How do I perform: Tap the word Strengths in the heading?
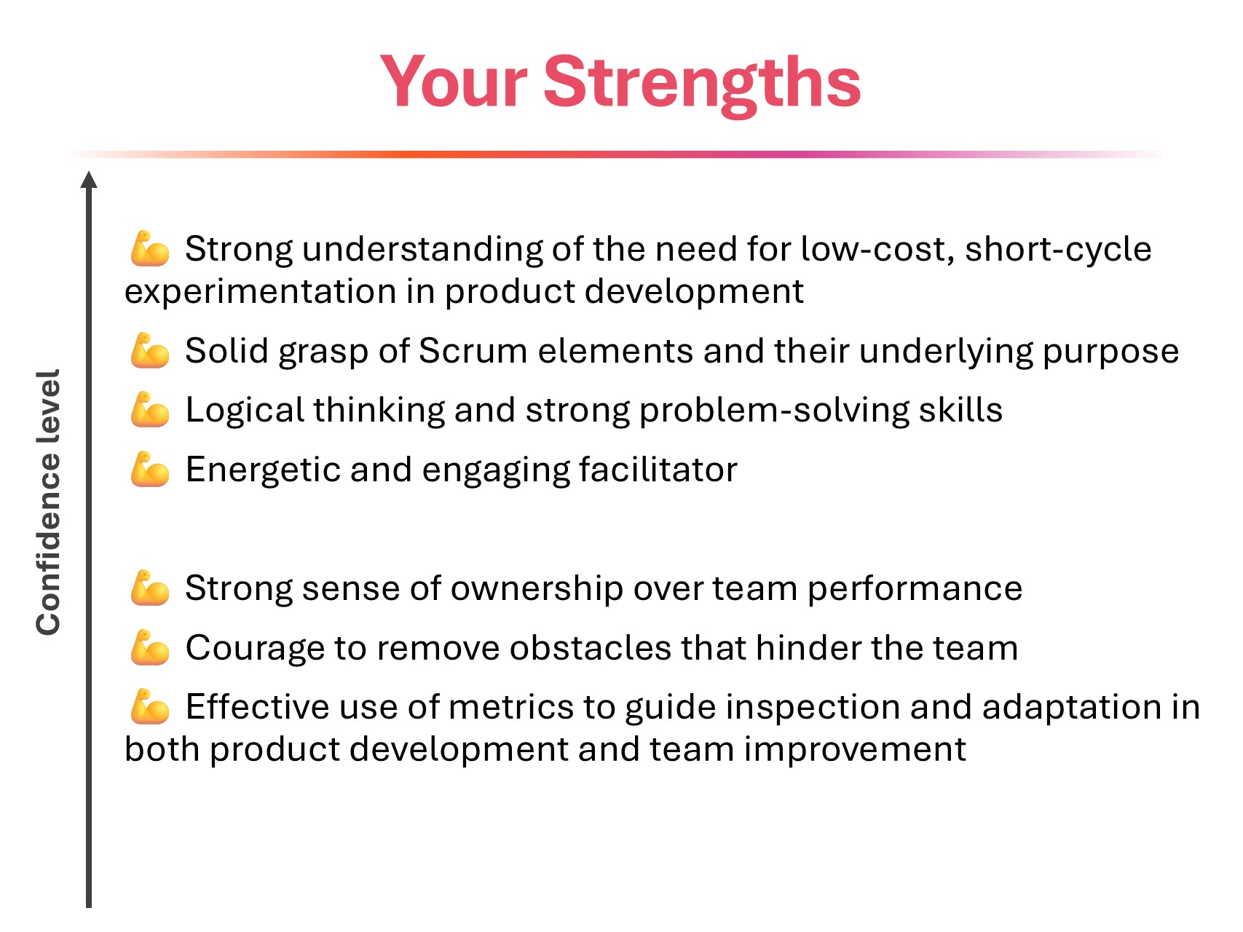702,86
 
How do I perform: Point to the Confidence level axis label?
48,502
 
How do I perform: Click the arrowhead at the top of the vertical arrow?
89,180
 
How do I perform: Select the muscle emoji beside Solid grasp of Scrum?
150,351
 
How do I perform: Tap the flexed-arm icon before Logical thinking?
150,410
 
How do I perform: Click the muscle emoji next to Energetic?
150,470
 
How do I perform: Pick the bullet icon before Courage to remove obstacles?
150,648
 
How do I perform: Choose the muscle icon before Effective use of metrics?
150,707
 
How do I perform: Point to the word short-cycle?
1058,250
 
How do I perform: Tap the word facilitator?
658,470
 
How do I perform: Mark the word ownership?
537,589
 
